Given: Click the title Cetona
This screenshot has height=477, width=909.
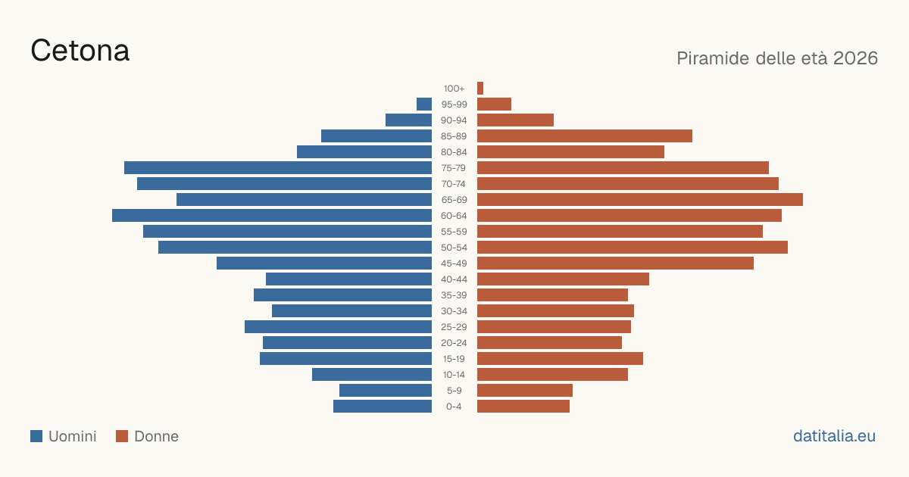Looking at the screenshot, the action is click(x=80, y=51).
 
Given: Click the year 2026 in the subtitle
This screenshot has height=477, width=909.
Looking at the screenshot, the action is click(x=855, y=58).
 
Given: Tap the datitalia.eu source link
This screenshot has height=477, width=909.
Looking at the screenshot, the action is click(x=834, y=436).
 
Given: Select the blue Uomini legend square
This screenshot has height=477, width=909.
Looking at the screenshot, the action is click(x=36, y=436).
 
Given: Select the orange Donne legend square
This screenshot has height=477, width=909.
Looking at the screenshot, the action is click(x=122, y=436).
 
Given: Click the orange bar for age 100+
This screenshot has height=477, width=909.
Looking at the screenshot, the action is click(x=480, y=88).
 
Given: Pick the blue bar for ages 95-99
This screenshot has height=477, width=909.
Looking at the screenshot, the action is click(x=424, y=104).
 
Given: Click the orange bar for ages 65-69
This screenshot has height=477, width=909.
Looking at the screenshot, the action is click(x=640, y=200).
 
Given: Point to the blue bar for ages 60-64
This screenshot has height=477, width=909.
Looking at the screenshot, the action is click(x=272, y=215).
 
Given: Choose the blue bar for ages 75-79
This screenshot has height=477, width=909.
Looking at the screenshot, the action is click(x=278, y=167).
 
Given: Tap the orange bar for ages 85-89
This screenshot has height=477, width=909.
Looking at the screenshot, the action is click(x=585, y=136).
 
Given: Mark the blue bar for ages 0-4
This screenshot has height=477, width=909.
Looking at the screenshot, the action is click(x=383, y=406).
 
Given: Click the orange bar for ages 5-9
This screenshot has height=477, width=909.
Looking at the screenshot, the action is click(x=525, y=390).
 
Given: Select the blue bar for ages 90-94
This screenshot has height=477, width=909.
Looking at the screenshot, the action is click(x=408, y=120).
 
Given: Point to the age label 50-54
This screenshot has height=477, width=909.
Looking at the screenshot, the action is click(x=454, y=248).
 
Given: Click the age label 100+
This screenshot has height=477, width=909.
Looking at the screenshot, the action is click(x=454, y=89).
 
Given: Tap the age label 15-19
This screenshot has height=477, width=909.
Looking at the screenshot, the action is click(x=454, y=359).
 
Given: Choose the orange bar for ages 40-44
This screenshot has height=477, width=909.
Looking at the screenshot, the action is click(x=564, y=279).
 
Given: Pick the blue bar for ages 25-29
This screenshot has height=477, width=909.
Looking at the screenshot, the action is click(x=338, y=326).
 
